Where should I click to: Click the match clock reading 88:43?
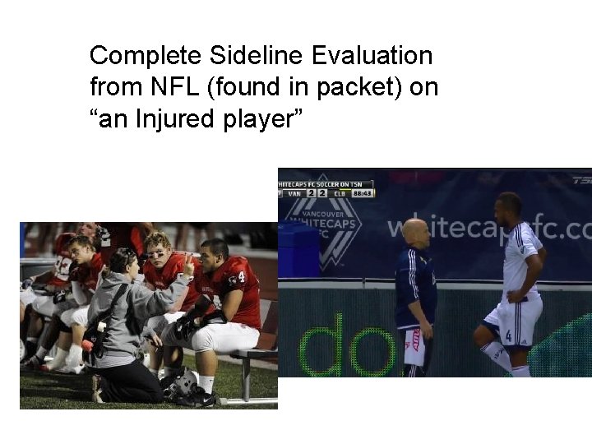tap(363, 193)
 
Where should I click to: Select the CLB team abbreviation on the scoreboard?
tap(336, 193)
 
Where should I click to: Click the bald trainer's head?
tap(416, 232)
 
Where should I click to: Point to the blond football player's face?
tap(160, 247)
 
